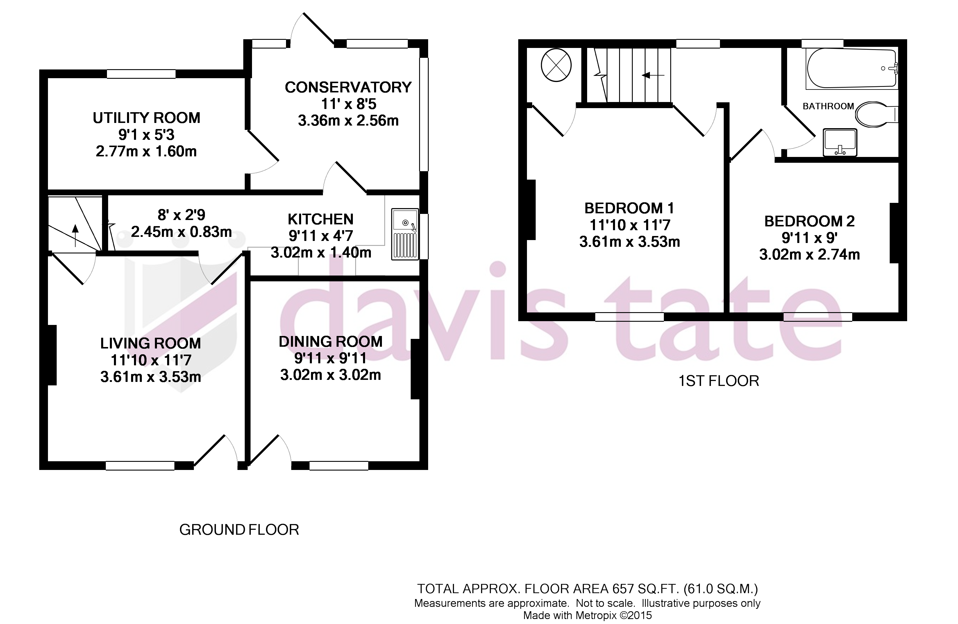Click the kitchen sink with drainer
click(x=405, y=233)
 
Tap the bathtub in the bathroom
click(x=851, y=69)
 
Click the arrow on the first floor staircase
click(x=652, y=75)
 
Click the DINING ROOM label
click(x=330, y=342)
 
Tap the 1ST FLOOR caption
click(x=718, y=381)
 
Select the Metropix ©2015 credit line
click(x=587, y=615)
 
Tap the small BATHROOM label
click(x=828, y=106)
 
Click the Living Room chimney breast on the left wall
click(x=52, y=355)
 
